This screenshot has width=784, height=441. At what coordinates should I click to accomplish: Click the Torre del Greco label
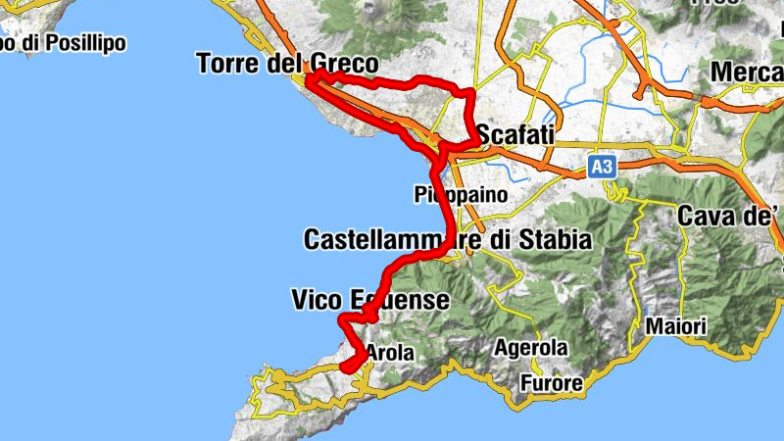coord(287,65)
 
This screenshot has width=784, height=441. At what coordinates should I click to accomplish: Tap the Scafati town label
coord(515,134)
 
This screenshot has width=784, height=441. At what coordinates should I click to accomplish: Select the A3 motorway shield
coord(602,169)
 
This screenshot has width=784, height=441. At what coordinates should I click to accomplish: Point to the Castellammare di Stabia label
coord(447,239)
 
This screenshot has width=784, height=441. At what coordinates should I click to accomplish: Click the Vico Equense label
coord(370,300)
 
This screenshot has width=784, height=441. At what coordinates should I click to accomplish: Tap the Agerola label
coord(530,348)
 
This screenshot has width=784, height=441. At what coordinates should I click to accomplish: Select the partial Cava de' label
coord(730,215)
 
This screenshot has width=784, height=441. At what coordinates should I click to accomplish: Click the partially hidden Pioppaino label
coord(461,194)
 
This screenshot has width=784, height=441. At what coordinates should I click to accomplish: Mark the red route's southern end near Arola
coord(345,367)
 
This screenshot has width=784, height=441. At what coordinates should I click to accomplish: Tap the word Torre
coord(228,65)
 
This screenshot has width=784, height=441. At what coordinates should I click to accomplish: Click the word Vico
coord(316,300)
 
